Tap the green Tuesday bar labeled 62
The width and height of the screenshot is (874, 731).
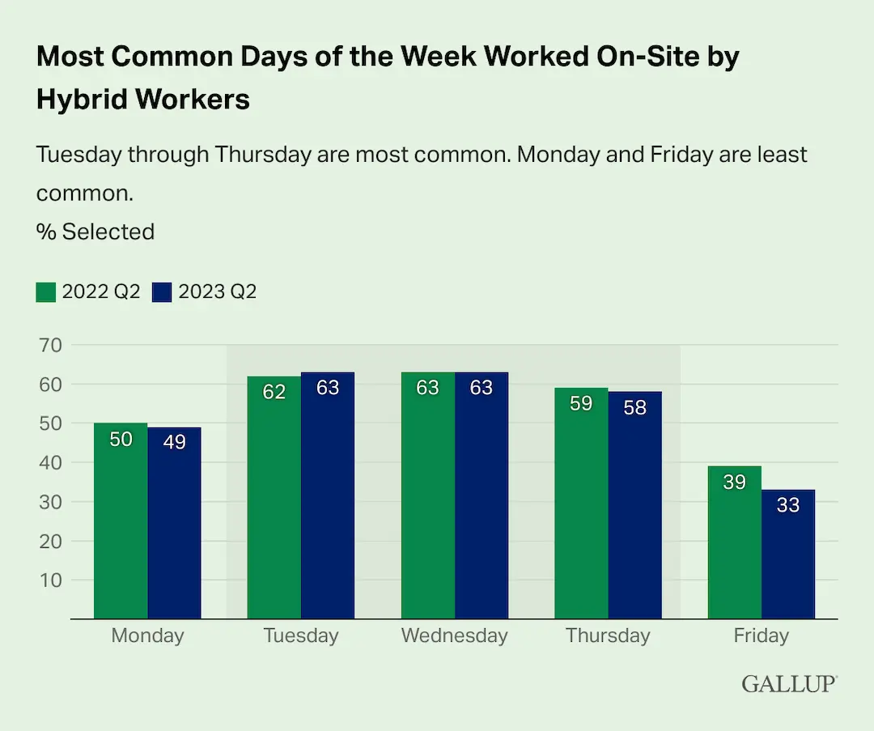coord(274,497)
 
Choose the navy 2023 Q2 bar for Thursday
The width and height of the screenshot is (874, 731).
coord(635,505)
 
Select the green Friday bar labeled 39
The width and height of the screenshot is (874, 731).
coord(735,542)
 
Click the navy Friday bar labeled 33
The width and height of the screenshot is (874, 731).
coord(788,555)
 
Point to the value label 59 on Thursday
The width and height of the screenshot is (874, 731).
coord(581,403)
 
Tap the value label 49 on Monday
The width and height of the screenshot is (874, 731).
coord(174,442)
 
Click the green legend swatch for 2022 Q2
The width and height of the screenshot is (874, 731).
coord(46,292)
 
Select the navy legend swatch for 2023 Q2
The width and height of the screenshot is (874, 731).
coord(163,292)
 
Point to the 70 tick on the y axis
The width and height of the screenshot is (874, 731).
coord(51,346)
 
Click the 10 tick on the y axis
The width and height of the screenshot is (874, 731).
coord(51,580)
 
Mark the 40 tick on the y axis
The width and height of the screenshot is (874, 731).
coord(51,463)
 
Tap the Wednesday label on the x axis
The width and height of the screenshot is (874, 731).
coord(454,635)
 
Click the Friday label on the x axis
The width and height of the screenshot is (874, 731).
coord(761,635)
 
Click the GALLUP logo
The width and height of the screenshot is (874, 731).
coord(789,684)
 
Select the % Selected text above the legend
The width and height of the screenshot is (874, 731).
coord(95,232)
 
